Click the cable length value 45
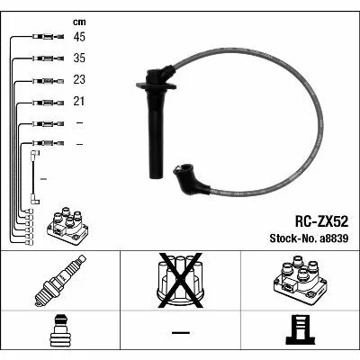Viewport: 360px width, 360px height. pyautogui.click(x=79, y=37)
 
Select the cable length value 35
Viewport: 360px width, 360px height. pyautogui.click(x=79, y=58)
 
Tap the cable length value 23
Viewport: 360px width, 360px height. pyautogui.click(x=79, y=79)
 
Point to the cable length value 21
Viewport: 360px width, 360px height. pyautogui.click(x=79, y=102)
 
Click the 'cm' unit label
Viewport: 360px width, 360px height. pyautogui.click(x=79, y=22)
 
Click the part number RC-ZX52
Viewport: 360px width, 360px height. pyautogui.click(x=321, y=222)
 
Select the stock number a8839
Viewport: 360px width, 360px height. pyautogui.click(x=334, y=238)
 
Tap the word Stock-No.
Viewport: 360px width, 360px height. pyautogui.click(x=293, y=238)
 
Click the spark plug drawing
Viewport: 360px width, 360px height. pyautogui.click(x=60, y=281)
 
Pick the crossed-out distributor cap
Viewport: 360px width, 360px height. pyautogui.click(x=180, y=281)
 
